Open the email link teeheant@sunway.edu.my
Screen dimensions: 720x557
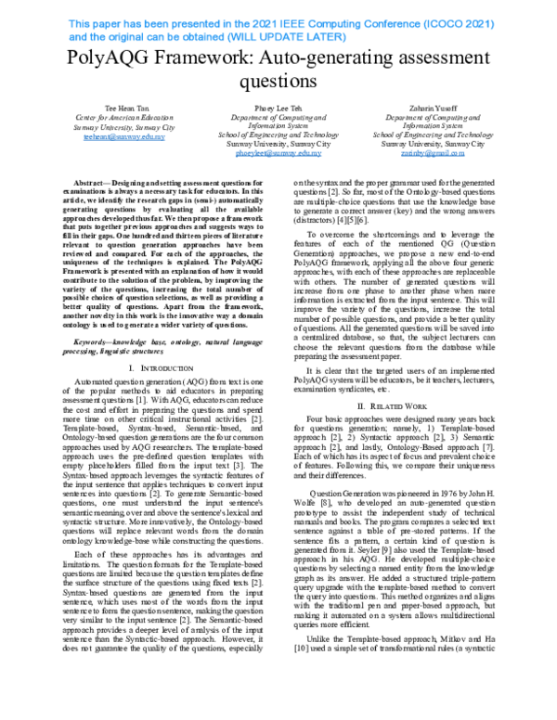tap(124, 136)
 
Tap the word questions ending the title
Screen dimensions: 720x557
tap(278, 84)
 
